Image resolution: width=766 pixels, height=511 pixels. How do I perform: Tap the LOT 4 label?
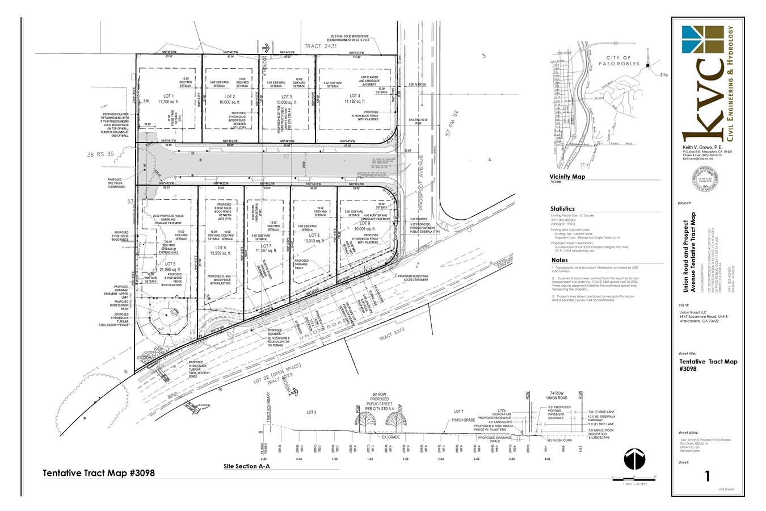tap(355, 95)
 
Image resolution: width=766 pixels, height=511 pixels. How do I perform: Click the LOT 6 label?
tap(221, 248)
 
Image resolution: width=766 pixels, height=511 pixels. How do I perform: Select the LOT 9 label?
tap(365, 223)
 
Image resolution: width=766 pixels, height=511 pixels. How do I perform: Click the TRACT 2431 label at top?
tap(321, 46)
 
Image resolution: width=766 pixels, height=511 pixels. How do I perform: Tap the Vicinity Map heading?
tap(567, 177)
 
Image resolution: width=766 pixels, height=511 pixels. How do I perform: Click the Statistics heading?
tap(562, 209)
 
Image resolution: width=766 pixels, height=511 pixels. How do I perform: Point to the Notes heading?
tap(559, 260)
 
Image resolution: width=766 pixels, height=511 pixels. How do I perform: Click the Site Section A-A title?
tap(247, 466)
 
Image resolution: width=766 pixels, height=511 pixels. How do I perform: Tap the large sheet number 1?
tap(707, 476)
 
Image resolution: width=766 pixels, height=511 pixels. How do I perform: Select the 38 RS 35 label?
tap(100, 153)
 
